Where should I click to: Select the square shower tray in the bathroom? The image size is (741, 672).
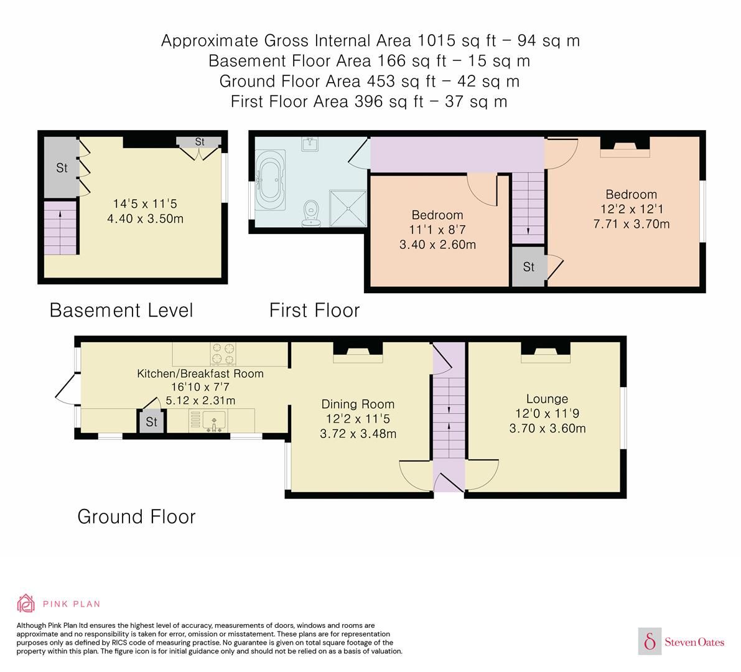click(x=347, y=208)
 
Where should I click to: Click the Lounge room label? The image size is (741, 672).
click(x=547, y=399)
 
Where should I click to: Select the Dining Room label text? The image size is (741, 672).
click(x=357, y=404)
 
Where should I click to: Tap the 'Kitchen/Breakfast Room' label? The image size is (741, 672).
click(x=200, y=373)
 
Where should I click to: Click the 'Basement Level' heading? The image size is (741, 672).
click(x=121, y=309)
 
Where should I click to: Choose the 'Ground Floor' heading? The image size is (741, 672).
click(x=136, y=516)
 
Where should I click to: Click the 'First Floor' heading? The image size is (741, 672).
click(x=314, y=309)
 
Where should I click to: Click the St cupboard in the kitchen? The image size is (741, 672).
click(x=151, y=422)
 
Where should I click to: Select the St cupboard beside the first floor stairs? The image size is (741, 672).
click(x=528, y=267)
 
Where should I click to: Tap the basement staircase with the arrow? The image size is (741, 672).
click(x=60, y=227)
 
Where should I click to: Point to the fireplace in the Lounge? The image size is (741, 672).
click(x=546, y=354)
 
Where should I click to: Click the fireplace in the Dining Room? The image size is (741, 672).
click(x=358, y=354)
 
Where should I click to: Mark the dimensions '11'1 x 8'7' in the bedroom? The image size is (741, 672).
click(x=437, y=230)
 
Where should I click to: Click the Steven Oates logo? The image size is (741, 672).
click(x=682, y=642)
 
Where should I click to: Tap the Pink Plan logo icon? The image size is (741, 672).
click(x=26, y=603)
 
